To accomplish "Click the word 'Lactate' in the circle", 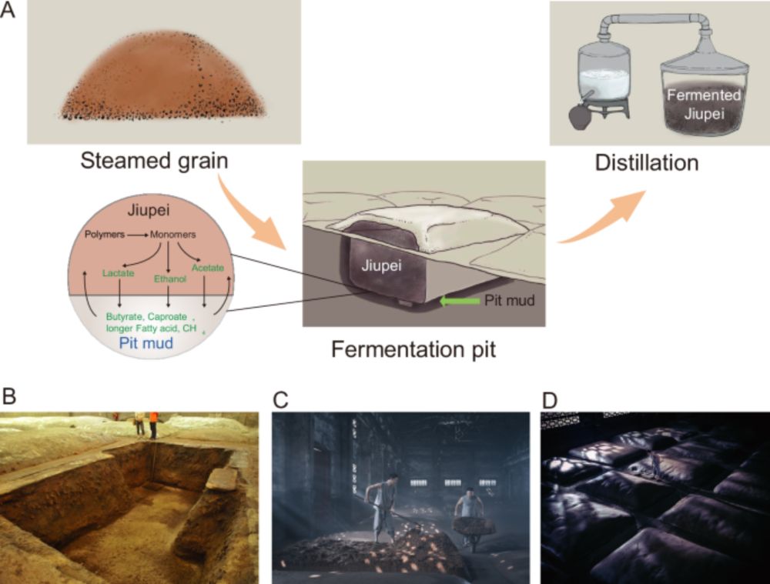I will point(118,272).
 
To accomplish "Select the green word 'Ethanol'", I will point(168,281).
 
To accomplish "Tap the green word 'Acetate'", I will point(209,268).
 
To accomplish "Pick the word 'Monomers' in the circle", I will point(171,233).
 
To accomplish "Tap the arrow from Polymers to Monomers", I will point(139,233).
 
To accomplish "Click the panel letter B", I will point(9,397).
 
